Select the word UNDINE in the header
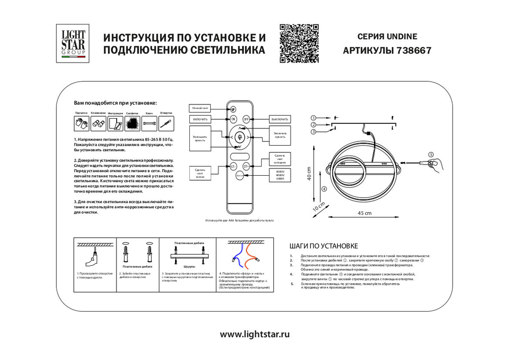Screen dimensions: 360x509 [x=404, y=37]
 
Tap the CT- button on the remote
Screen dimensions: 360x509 [x=233, y=166]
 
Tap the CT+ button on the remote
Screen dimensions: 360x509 [x=246, y=166]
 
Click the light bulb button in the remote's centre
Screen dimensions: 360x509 [x=240, y=136]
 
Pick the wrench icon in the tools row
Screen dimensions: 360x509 [x=149, y=123]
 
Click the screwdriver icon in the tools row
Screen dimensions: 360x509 [x=166, y=123]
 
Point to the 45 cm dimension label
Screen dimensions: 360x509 [x=363, y=213]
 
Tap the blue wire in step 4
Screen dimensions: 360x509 [x=236, y=255]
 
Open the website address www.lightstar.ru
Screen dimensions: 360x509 [x=254, y=334]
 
